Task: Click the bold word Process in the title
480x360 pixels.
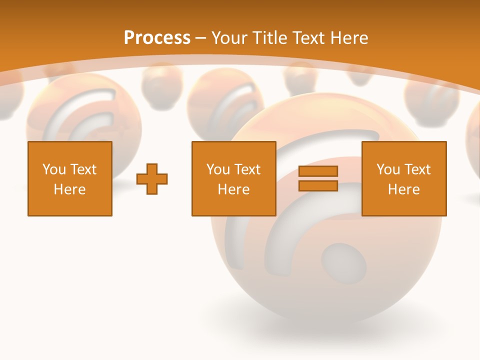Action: pyautogui.click(x=157, y=37)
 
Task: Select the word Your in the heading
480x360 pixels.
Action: pyautogui.click(x=229, y=37)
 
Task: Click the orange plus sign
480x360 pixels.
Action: pyautogui.click(x=152, y=178)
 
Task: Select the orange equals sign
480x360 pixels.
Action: pyautogui.click(x=318, y=178)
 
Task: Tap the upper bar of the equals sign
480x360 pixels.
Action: pyautogui.click(x=318, y=171)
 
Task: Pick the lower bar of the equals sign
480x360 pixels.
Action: pyautogui.click(x=318, y=185)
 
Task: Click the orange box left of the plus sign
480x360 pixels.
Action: pyautogui.click(x=70, y=178)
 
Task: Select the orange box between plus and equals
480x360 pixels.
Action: pyautogui.click(x=233, y=178)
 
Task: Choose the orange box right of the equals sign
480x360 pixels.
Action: pyautogui.click(x=403, y=178)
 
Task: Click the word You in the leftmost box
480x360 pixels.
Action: pyautogui.click(x=54, y=169)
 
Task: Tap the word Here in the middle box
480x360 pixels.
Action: pyautogui.click(x=233, y=189)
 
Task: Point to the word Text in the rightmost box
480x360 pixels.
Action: pyautogui.click(x=417, y=169)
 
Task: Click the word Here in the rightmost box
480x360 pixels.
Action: pyautogui.click(x=403, y=189)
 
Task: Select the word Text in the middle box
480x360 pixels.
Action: pyautogui.click(x=247, y=169)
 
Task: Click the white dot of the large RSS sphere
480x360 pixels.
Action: pyautogui.click(x=344, y=263)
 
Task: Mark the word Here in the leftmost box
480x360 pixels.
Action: pyautogui.click(x=70, y=189)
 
